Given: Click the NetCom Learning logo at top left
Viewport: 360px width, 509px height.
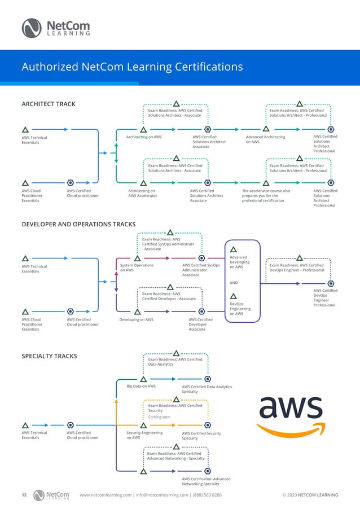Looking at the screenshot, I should point(55,27).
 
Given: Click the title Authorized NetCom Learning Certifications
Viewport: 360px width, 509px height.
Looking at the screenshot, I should point(132,67).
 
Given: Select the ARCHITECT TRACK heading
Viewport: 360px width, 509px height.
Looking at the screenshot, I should point(49,104).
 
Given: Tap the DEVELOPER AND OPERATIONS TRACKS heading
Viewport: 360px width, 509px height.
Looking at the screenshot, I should point(78,224).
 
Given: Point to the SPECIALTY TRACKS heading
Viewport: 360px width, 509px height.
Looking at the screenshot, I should point(49,356).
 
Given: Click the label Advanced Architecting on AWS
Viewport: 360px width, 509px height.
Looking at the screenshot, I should point(266,139).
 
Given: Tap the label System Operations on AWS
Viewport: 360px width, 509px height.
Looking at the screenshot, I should point(137,268).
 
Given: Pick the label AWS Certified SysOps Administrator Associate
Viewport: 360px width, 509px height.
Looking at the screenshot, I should point(201,270).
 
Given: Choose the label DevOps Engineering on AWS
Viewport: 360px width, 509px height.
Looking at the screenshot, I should point(240,310).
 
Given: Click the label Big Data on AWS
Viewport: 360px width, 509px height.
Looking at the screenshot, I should point(141,387).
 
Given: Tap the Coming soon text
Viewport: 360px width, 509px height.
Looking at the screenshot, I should point(159,417).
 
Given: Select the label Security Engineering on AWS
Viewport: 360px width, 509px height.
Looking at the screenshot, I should point(144,435).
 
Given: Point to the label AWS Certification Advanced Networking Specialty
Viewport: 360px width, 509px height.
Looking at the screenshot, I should point(206,481).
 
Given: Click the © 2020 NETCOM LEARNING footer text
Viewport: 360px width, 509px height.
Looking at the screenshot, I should point(310,495).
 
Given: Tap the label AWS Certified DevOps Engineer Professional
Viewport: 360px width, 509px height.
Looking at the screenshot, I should point(324,297).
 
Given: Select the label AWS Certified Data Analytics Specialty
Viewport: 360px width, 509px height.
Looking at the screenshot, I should point(207,389).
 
